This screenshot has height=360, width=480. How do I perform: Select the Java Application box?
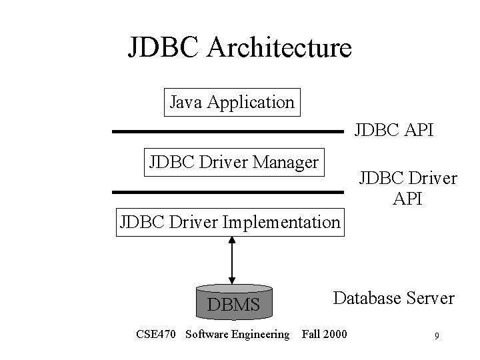tap(232, 102)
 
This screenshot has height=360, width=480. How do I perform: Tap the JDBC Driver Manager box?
tap(233, 161)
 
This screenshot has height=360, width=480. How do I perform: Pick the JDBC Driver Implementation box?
tap(229, 221)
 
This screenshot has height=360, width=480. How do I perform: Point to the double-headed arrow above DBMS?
tap(231, 260)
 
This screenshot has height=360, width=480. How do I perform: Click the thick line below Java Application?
tap(227, 132)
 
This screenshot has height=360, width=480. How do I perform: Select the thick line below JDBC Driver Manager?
tap(227, 192)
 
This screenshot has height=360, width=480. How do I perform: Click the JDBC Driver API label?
tap(407, 188)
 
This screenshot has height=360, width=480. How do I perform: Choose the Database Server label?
tap(393, 297)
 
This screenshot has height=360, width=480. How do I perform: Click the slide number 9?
tap(435, 335)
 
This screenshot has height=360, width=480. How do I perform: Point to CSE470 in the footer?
tap(156, 333)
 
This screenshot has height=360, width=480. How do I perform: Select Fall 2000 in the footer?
tap(324, 333)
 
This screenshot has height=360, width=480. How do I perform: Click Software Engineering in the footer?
tap(237, 334)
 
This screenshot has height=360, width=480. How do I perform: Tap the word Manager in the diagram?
tap(289, 161)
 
